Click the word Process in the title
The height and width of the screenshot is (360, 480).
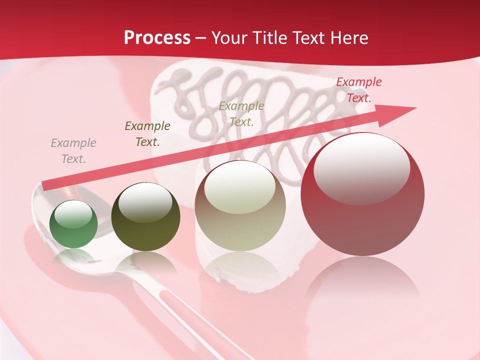coord(157,37)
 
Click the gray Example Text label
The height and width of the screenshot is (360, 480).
coord(73,151)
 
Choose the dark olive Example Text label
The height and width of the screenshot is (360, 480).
coord(147,134)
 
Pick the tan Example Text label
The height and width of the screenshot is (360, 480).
coord(241,113)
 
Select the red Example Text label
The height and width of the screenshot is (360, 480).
coord(359,90)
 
